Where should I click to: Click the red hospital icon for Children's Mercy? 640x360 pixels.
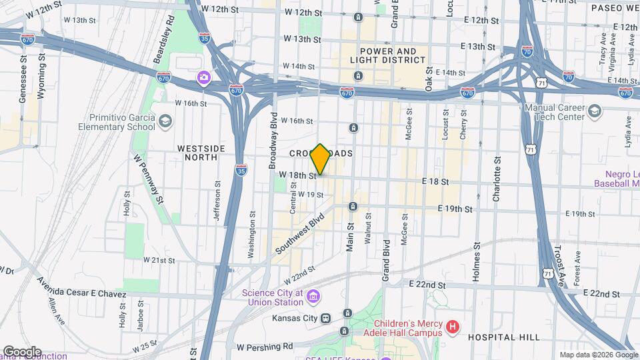[x=453, y=327]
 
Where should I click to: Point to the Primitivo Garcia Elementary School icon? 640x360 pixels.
[x=165, y=122]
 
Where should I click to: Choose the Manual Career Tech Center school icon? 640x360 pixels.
[x=595, y=112]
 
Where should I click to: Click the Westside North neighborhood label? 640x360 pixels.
[x=197, y=153]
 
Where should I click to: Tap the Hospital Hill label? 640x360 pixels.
[x=497, y=337]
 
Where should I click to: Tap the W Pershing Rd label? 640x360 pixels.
[x=265, y=347]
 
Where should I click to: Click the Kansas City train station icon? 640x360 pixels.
[x=326, y=319]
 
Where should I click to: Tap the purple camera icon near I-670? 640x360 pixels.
[x=203, y=78]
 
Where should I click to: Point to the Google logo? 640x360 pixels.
[x=21, y=351]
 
